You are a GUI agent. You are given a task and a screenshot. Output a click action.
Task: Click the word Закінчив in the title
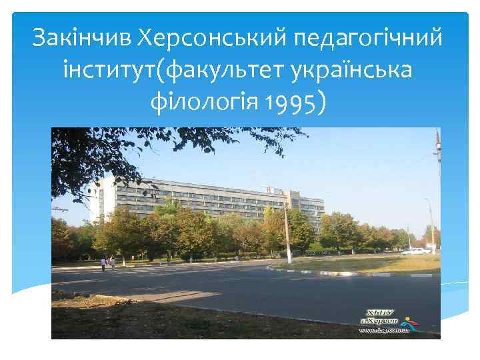pyautogui.click(x=79, y=39)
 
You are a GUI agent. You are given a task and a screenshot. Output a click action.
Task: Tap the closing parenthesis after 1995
pyautogui.click(x=323, y=103)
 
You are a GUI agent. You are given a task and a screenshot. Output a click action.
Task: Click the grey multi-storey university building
pyautogui.click(x=200, y=200)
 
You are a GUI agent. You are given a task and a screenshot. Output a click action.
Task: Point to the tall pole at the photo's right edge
pyautogui.click(x=437, y=193)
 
